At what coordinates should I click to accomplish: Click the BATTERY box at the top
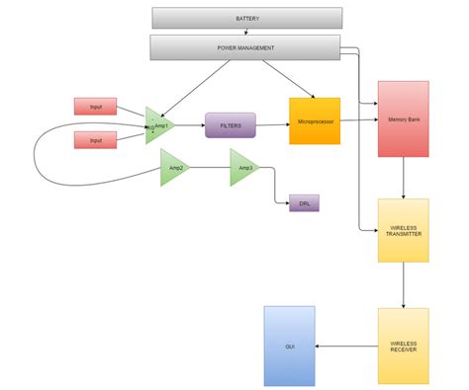[247, 18]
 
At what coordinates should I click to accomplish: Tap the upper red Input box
[95, 106]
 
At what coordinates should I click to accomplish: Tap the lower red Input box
[95, 140]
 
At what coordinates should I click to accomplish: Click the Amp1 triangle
[158, 125]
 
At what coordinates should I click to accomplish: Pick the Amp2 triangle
[173, 168]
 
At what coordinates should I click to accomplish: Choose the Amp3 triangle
[242, 168]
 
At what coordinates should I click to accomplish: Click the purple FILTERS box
[231, 124]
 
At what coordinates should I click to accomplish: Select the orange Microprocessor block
[315, 121]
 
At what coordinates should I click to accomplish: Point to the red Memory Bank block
[403, 118]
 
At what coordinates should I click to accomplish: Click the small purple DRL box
[304, 203]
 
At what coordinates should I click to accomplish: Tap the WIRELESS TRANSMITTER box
[403, 230]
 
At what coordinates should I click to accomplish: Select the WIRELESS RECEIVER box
[403, 346]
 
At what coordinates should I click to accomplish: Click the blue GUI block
[290, 346]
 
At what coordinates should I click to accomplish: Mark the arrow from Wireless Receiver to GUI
[346, 346]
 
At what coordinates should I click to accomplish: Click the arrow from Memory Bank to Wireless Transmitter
[403, 178]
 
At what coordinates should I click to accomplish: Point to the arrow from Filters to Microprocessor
[272, 124]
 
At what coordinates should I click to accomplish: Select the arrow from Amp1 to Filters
[191, 125]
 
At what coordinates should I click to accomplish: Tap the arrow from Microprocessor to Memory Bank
[358, 120]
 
